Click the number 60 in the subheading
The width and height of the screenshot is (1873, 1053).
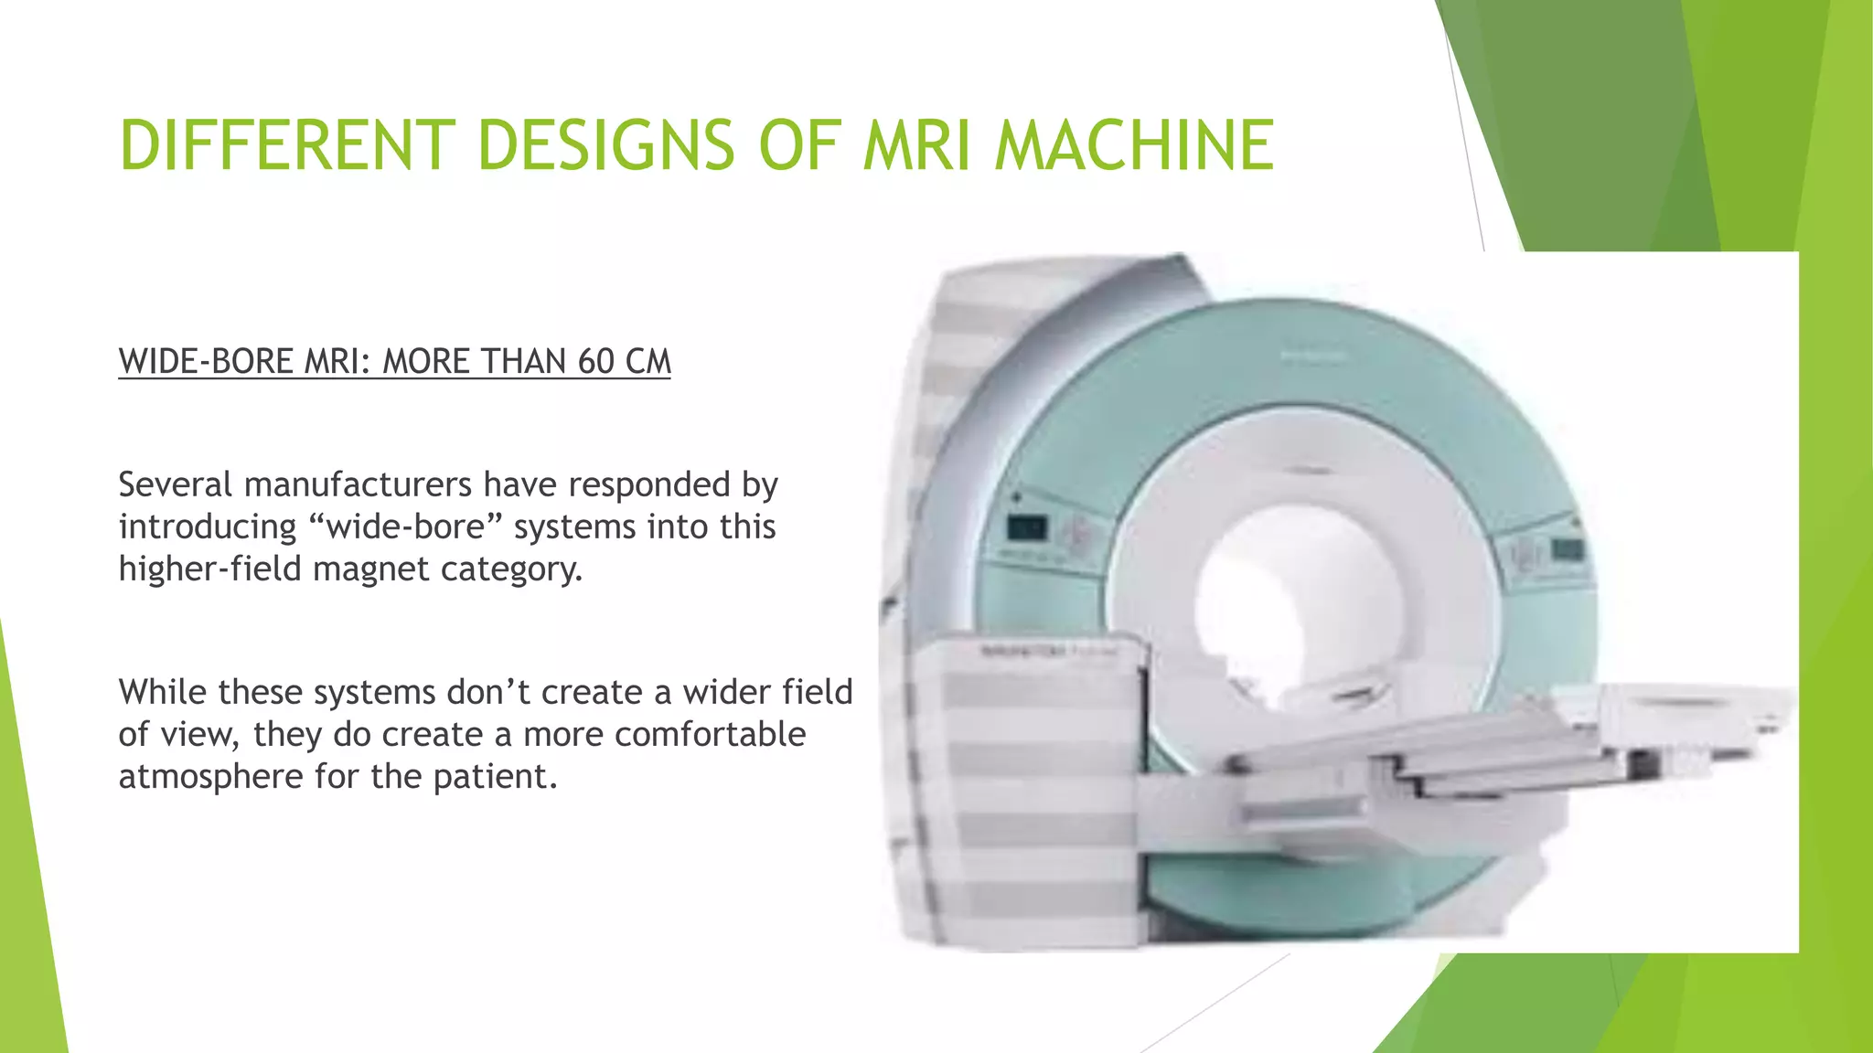[595, 362]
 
